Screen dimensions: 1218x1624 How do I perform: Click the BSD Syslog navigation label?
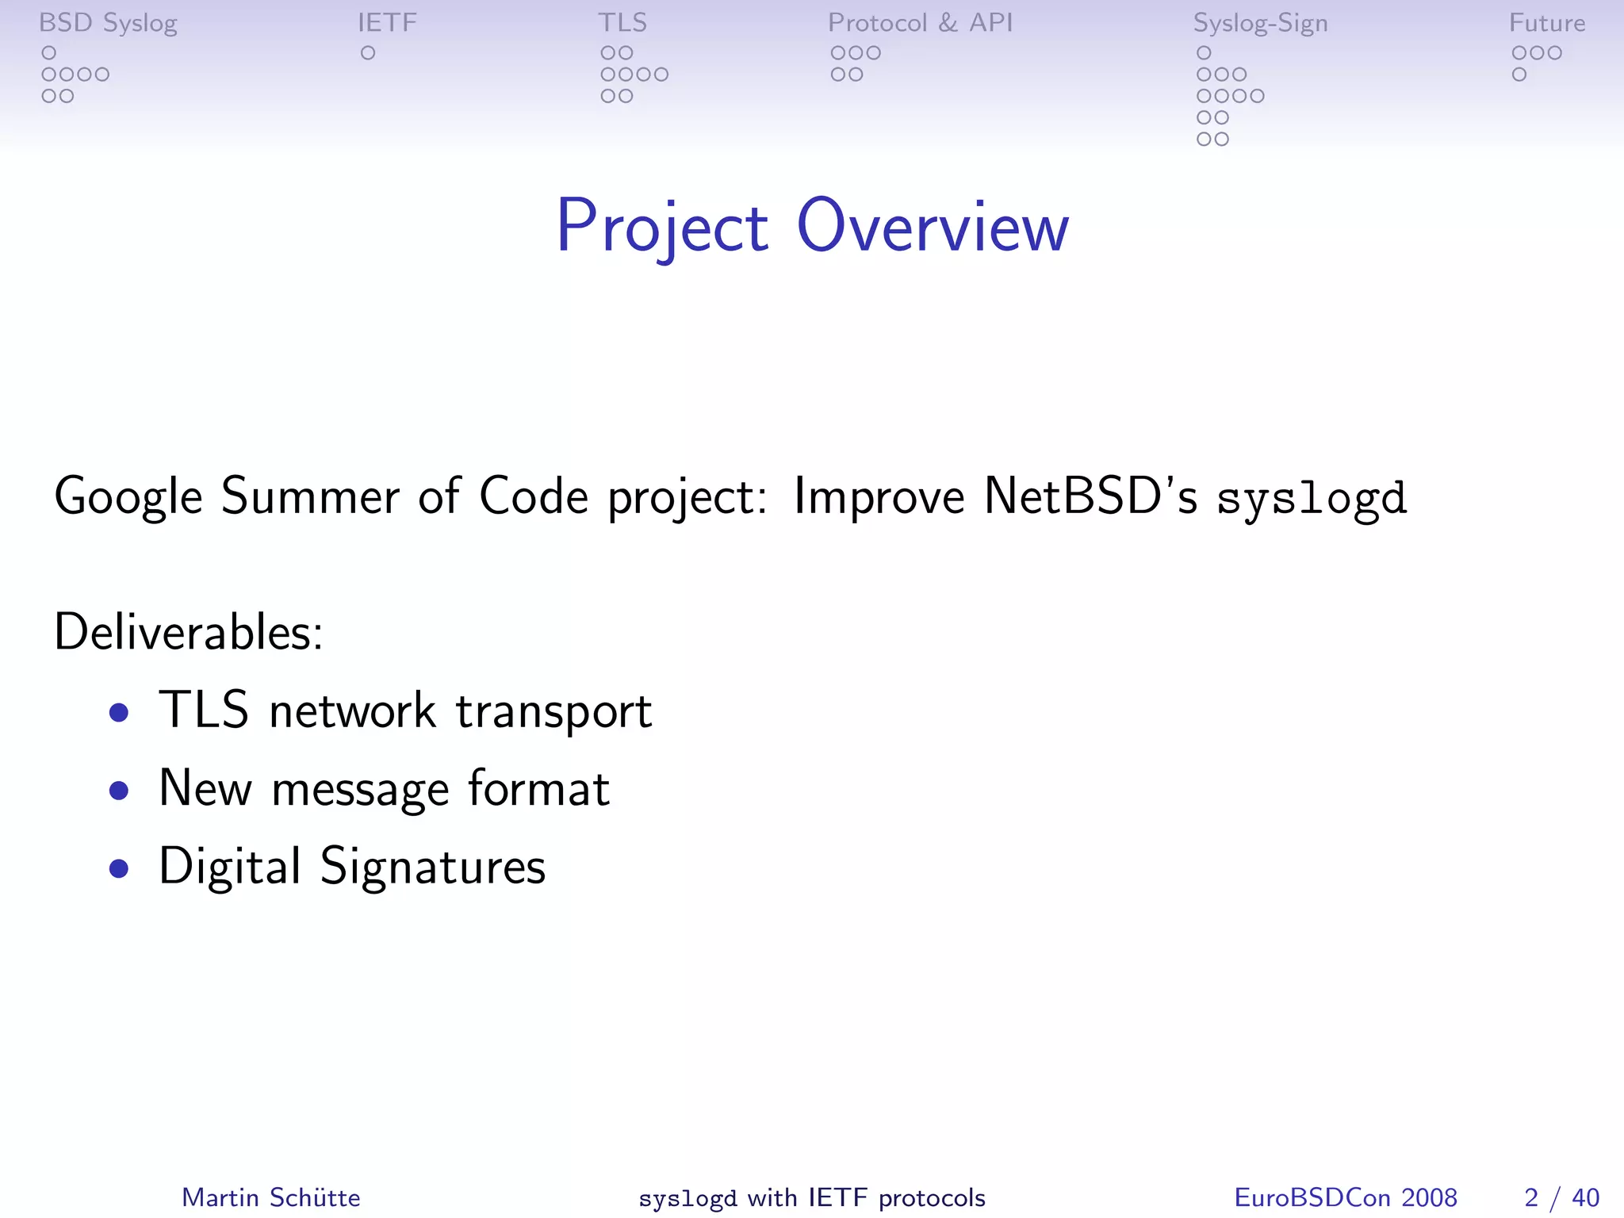pos(108,23)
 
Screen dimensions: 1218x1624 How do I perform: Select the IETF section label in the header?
pos(387,23)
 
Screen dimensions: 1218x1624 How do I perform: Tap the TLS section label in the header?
pos(622,23)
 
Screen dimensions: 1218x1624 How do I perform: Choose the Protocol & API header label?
pos(920,23)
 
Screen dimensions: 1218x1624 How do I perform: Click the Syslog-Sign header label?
pos(1260,24)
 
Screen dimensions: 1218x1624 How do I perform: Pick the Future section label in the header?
pos(1546,23)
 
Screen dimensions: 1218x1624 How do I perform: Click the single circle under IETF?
pos(368,53)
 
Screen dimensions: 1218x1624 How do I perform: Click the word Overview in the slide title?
pos(933,228)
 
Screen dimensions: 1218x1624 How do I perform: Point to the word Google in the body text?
pos(128,497)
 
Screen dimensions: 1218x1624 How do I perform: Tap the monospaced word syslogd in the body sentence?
pos(1312,499)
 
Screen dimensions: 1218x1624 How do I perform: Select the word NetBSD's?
pos(1090,496)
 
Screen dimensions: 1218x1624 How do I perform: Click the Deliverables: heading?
pos(189,632)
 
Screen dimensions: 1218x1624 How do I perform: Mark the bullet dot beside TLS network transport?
pos(119,712)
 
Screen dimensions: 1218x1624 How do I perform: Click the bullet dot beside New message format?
pos(119,790)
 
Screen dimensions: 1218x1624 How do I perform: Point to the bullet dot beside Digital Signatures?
pos(119,868)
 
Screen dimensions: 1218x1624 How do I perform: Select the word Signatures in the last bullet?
pos(433,867)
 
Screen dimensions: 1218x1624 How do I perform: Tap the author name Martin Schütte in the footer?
pos(271,1197)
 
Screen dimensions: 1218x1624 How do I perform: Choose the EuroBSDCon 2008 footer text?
pos(1346,1197)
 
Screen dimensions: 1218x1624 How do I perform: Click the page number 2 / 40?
pos(1561,1197)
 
